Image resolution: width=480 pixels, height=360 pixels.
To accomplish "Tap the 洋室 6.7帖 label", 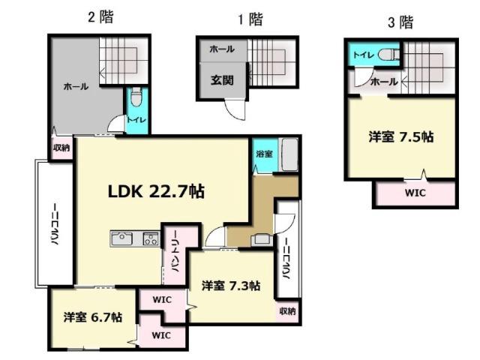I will click(92, 317).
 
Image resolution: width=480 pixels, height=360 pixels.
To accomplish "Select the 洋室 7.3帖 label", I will click(230, 285).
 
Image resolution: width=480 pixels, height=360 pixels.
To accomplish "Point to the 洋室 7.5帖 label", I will click(401, 137).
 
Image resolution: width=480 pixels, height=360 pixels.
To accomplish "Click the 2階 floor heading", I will click(100, 17).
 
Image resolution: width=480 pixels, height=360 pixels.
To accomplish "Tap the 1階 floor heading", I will click(250, 20).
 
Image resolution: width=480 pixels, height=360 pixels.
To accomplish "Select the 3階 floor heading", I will click(400, 22).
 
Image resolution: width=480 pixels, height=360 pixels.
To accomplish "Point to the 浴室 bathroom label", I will click(263, 154).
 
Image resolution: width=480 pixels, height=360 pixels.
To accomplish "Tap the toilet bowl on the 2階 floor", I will click(136, 98).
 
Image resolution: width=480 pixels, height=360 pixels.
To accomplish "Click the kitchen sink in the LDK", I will click(122, 239).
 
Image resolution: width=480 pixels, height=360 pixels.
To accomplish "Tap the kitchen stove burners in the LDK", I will click(151, 239).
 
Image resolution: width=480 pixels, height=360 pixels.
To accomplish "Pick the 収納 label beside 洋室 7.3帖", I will click(287, 310).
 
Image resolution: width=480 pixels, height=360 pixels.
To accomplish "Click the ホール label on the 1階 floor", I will click(221, 49).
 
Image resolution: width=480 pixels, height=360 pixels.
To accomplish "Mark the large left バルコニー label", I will click(54, 226).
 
